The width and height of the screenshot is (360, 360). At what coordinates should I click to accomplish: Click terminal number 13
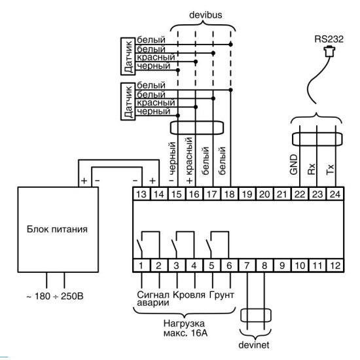(141, 194)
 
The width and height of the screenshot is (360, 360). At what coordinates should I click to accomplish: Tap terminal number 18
(229, 194)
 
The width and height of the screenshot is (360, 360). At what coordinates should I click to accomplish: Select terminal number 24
(335, 194)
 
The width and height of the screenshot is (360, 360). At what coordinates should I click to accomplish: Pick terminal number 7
(247, 266)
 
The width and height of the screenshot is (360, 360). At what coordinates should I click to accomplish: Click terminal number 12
(335, 266)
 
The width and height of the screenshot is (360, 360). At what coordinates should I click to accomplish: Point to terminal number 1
(141, 266)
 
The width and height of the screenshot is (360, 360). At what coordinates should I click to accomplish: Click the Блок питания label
(57, 229)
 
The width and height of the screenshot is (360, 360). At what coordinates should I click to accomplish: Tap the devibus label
(206, 15)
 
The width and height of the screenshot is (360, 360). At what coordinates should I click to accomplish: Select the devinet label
(254, 344)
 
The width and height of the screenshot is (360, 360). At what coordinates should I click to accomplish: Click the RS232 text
(329, 39)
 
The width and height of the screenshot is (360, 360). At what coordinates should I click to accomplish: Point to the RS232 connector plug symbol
(329, 51)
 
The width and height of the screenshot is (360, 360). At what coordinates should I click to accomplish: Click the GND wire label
(294, 164)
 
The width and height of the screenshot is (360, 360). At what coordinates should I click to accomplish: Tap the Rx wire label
(312, 169)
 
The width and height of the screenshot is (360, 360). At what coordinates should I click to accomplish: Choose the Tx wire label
(330, 170)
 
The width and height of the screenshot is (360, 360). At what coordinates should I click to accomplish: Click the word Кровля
(189, 295)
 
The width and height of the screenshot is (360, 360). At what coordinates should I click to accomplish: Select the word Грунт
(221, 295)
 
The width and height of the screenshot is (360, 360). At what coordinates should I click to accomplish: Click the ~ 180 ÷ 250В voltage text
(55, 296)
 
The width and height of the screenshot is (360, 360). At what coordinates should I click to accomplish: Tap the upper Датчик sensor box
(128, 56)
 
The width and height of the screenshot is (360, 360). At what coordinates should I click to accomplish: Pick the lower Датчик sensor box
(128, 101)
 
